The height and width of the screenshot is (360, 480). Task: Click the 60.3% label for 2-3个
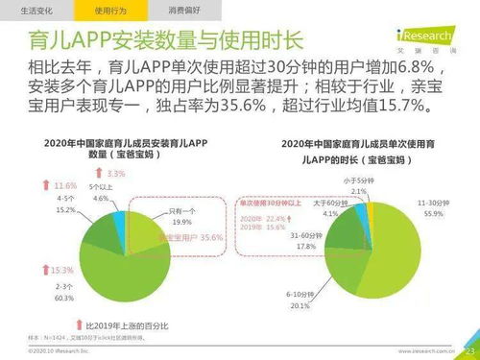click(x=66, y=299)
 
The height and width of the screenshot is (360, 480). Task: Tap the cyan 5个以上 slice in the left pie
click(x=120, y=203)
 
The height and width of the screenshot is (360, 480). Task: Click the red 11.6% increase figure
click(x=65, y=185)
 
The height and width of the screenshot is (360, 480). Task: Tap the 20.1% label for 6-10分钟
click(x=300, y=305)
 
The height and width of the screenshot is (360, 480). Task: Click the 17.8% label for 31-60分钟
click(x=306, y=246)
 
